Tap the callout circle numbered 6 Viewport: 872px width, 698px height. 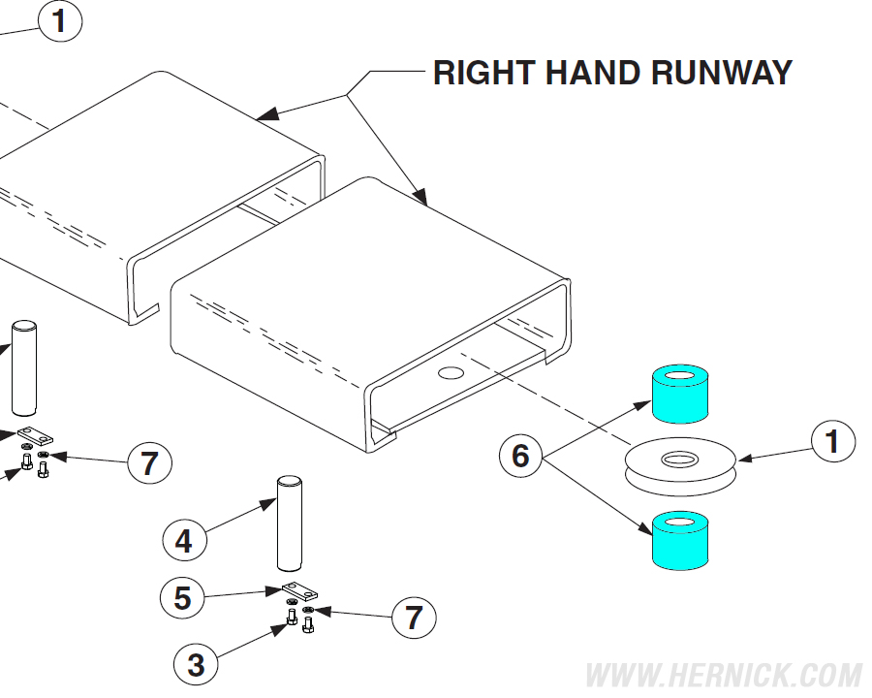click(521, 456)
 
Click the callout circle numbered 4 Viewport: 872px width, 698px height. click(184, 541)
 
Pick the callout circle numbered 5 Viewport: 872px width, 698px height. click(183, 599)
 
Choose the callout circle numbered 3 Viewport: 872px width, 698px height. click(196, 665)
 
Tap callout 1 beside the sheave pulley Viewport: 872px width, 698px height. click(831, 442)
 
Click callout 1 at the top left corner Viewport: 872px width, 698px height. click(60, 20)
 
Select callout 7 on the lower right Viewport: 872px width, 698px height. click(414, 617)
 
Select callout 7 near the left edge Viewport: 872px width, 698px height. click(149, 463)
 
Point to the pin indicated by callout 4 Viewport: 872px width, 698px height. click(290, 523)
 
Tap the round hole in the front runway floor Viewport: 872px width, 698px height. click(452, 372)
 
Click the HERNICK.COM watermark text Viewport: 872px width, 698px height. click(724, 675)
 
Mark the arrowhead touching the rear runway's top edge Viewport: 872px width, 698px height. click(268, 115)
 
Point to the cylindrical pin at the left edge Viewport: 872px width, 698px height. click(23, 368)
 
